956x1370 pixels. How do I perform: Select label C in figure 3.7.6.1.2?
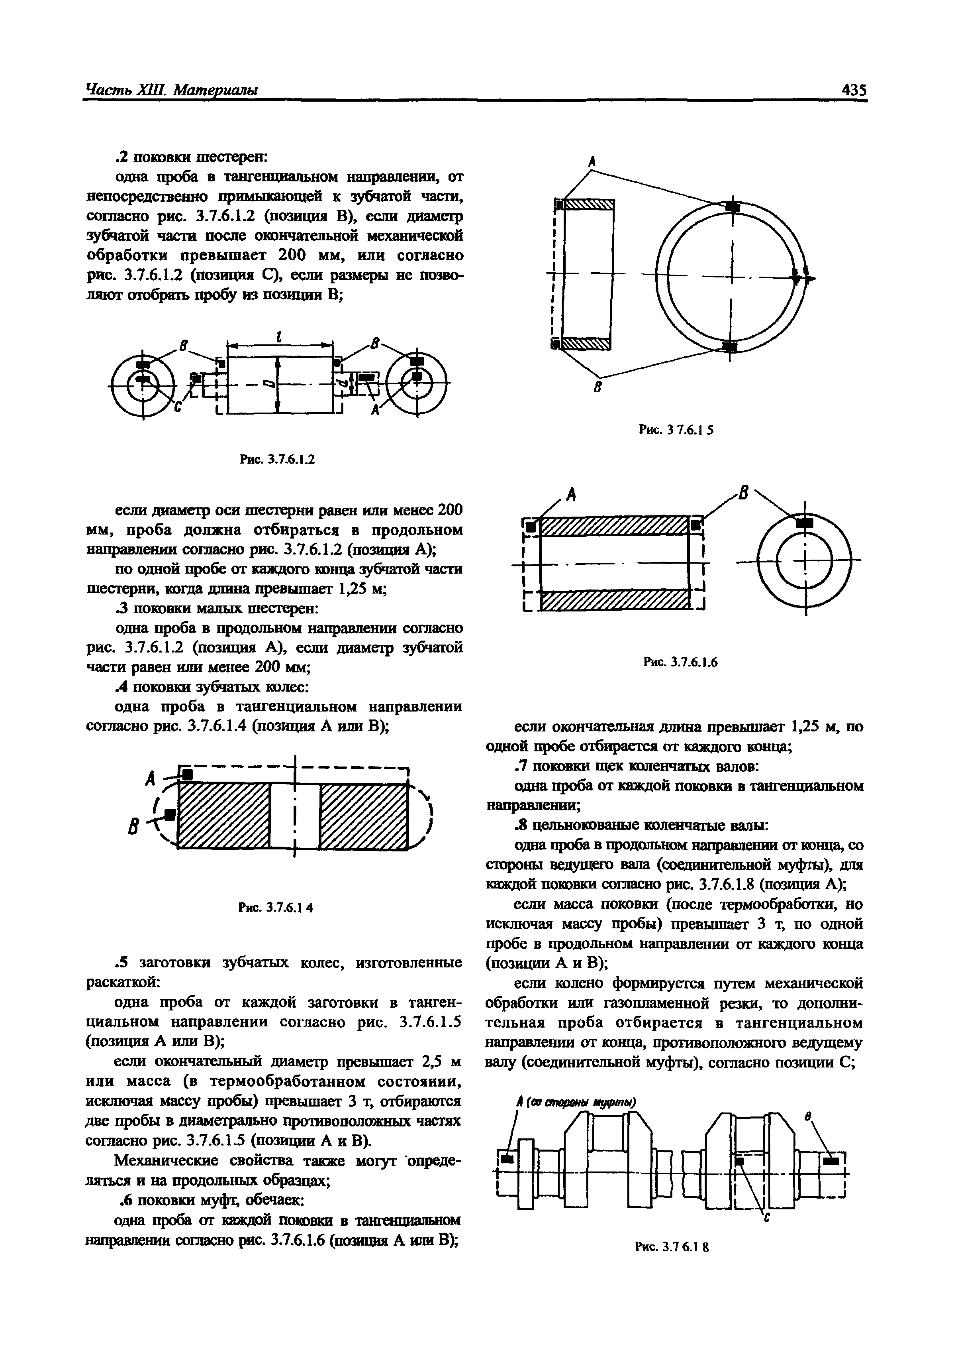(x=177, y=407)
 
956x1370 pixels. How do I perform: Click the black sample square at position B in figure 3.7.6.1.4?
(x=171, y=814)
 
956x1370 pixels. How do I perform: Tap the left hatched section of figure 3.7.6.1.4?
(x=224, y=815)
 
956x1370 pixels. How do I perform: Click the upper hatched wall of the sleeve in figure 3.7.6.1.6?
(x=614, y=526)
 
